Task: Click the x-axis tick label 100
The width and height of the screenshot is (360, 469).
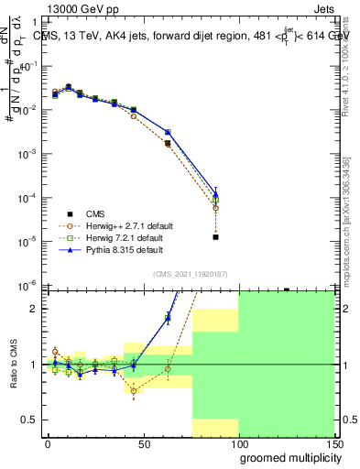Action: [x=240, y=443]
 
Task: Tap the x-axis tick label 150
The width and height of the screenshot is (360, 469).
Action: [x=336, y=443]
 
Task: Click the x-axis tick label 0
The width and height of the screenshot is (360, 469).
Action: [x=48, y=443]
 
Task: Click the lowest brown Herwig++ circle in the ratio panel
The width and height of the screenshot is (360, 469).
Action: [x=133, y=391]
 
